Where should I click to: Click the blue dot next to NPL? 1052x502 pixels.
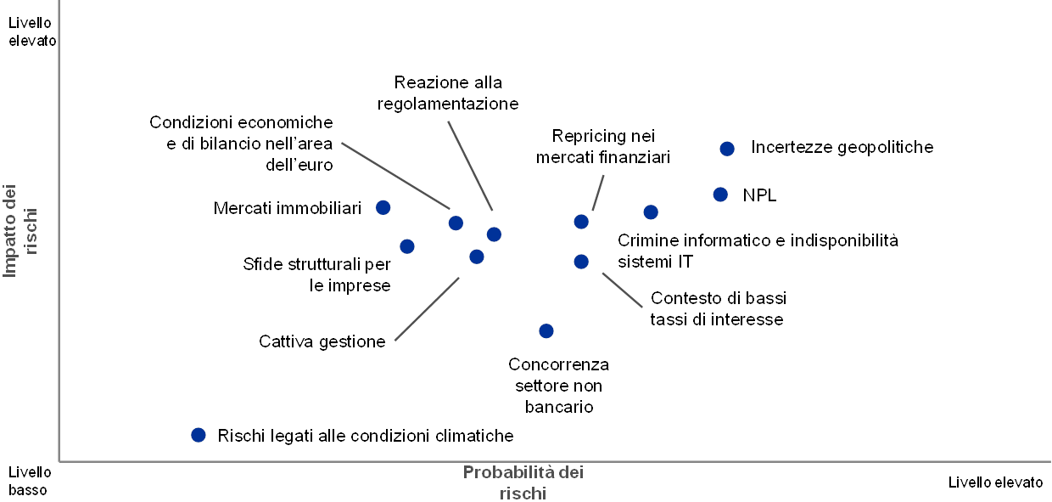[x=720, y=195]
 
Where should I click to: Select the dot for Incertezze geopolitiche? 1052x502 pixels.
[x=726, y=149]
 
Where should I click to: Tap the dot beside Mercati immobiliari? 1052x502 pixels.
[x=383, y=207]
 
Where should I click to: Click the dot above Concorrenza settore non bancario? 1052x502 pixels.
[x=546, y=330]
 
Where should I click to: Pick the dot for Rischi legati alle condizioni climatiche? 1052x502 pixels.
[x=199, y=435]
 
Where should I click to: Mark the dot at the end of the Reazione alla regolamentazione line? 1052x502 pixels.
[x=494, y=234]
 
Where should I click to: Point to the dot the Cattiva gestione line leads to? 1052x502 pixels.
[x=477, y=257]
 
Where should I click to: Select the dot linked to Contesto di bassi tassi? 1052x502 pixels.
[x=581, y=262]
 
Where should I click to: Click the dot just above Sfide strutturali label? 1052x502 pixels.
[x=407, y=246]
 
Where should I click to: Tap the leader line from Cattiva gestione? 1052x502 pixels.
[x=427, y=309]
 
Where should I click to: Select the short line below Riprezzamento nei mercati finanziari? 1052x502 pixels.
[x=598, y=192]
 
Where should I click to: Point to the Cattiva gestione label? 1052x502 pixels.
[x=322, y=341]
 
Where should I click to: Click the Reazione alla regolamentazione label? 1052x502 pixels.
[x=450, y=94]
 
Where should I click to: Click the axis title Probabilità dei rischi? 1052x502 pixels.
[x=523, y=482]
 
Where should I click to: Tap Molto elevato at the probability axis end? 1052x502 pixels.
[x=1001, y=482]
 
